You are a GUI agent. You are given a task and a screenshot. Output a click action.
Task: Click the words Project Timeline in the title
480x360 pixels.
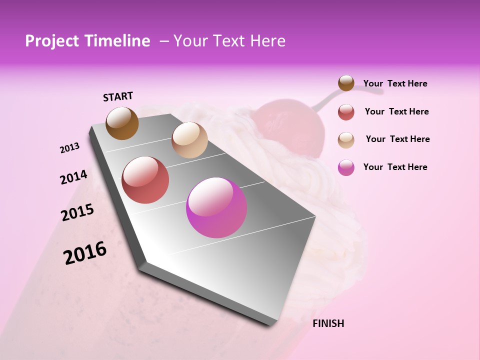87,41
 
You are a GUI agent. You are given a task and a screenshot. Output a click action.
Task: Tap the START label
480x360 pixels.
118,96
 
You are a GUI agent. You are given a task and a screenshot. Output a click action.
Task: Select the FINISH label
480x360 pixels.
328,323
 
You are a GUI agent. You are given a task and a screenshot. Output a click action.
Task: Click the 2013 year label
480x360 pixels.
69,148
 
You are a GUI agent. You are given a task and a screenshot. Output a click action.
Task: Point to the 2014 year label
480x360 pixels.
73,177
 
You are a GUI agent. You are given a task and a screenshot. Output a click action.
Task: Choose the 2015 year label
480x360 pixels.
77,212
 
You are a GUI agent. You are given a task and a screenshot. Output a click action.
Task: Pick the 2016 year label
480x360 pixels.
85,253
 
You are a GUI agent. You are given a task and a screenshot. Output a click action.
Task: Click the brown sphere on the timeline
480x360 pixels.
122,123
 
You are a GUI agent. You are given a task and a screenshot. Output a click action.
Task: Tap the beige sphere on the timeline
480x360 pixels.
189,140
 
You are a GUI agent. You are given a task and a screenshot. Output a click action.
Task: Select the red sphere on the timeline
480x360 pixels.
145,180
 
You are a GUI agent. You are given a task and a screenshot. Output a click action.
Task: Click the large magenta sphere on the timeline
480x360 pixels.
216,207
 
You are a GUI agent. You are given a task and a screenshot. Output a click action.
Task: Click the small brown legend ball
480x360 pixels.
346,83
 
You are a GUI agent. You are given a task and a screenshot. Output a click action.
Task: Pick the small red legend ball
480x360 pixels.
346,112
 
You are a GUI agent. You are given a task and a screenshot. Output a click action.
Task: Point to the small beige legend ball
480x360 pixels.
346,140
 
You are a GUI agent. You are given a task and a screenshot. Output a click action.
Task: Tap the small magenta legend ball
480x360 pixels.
346,167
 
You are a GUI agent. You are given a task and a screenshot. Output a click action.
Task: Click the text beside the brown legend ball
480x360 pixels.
395,83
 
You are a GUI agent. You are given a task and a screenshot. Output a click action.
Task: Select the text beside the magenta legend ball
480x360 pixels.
395,167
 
